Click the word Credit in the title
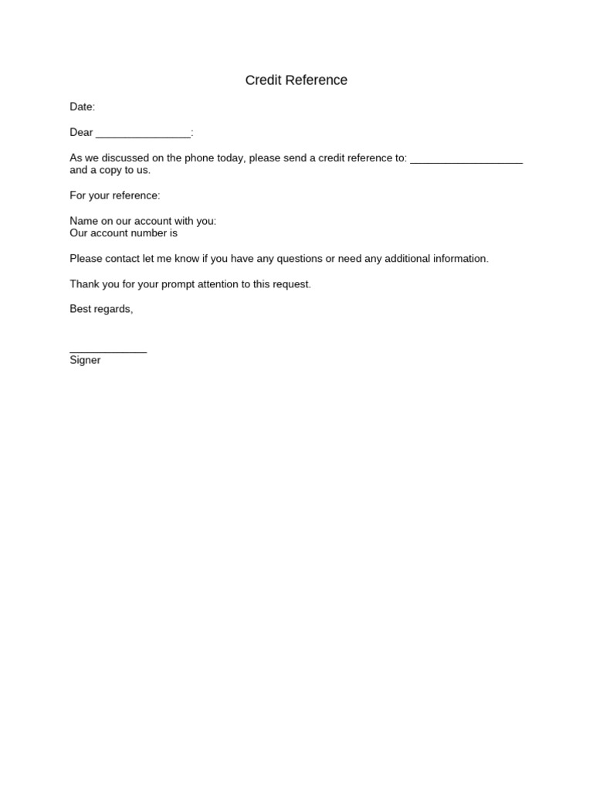tap(262, 80)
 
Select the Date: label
tap(83, 107)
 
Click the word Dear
tap(81, 132)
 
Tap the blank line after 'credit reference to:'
tap(466, 161)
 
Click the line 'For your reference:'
tap(115, 195)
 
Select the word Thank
tap(84, 284)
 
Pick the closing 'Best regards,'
tap(101, 309)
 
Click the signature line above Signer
tap(108, 351)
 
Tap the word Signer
tap(85, 360)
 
